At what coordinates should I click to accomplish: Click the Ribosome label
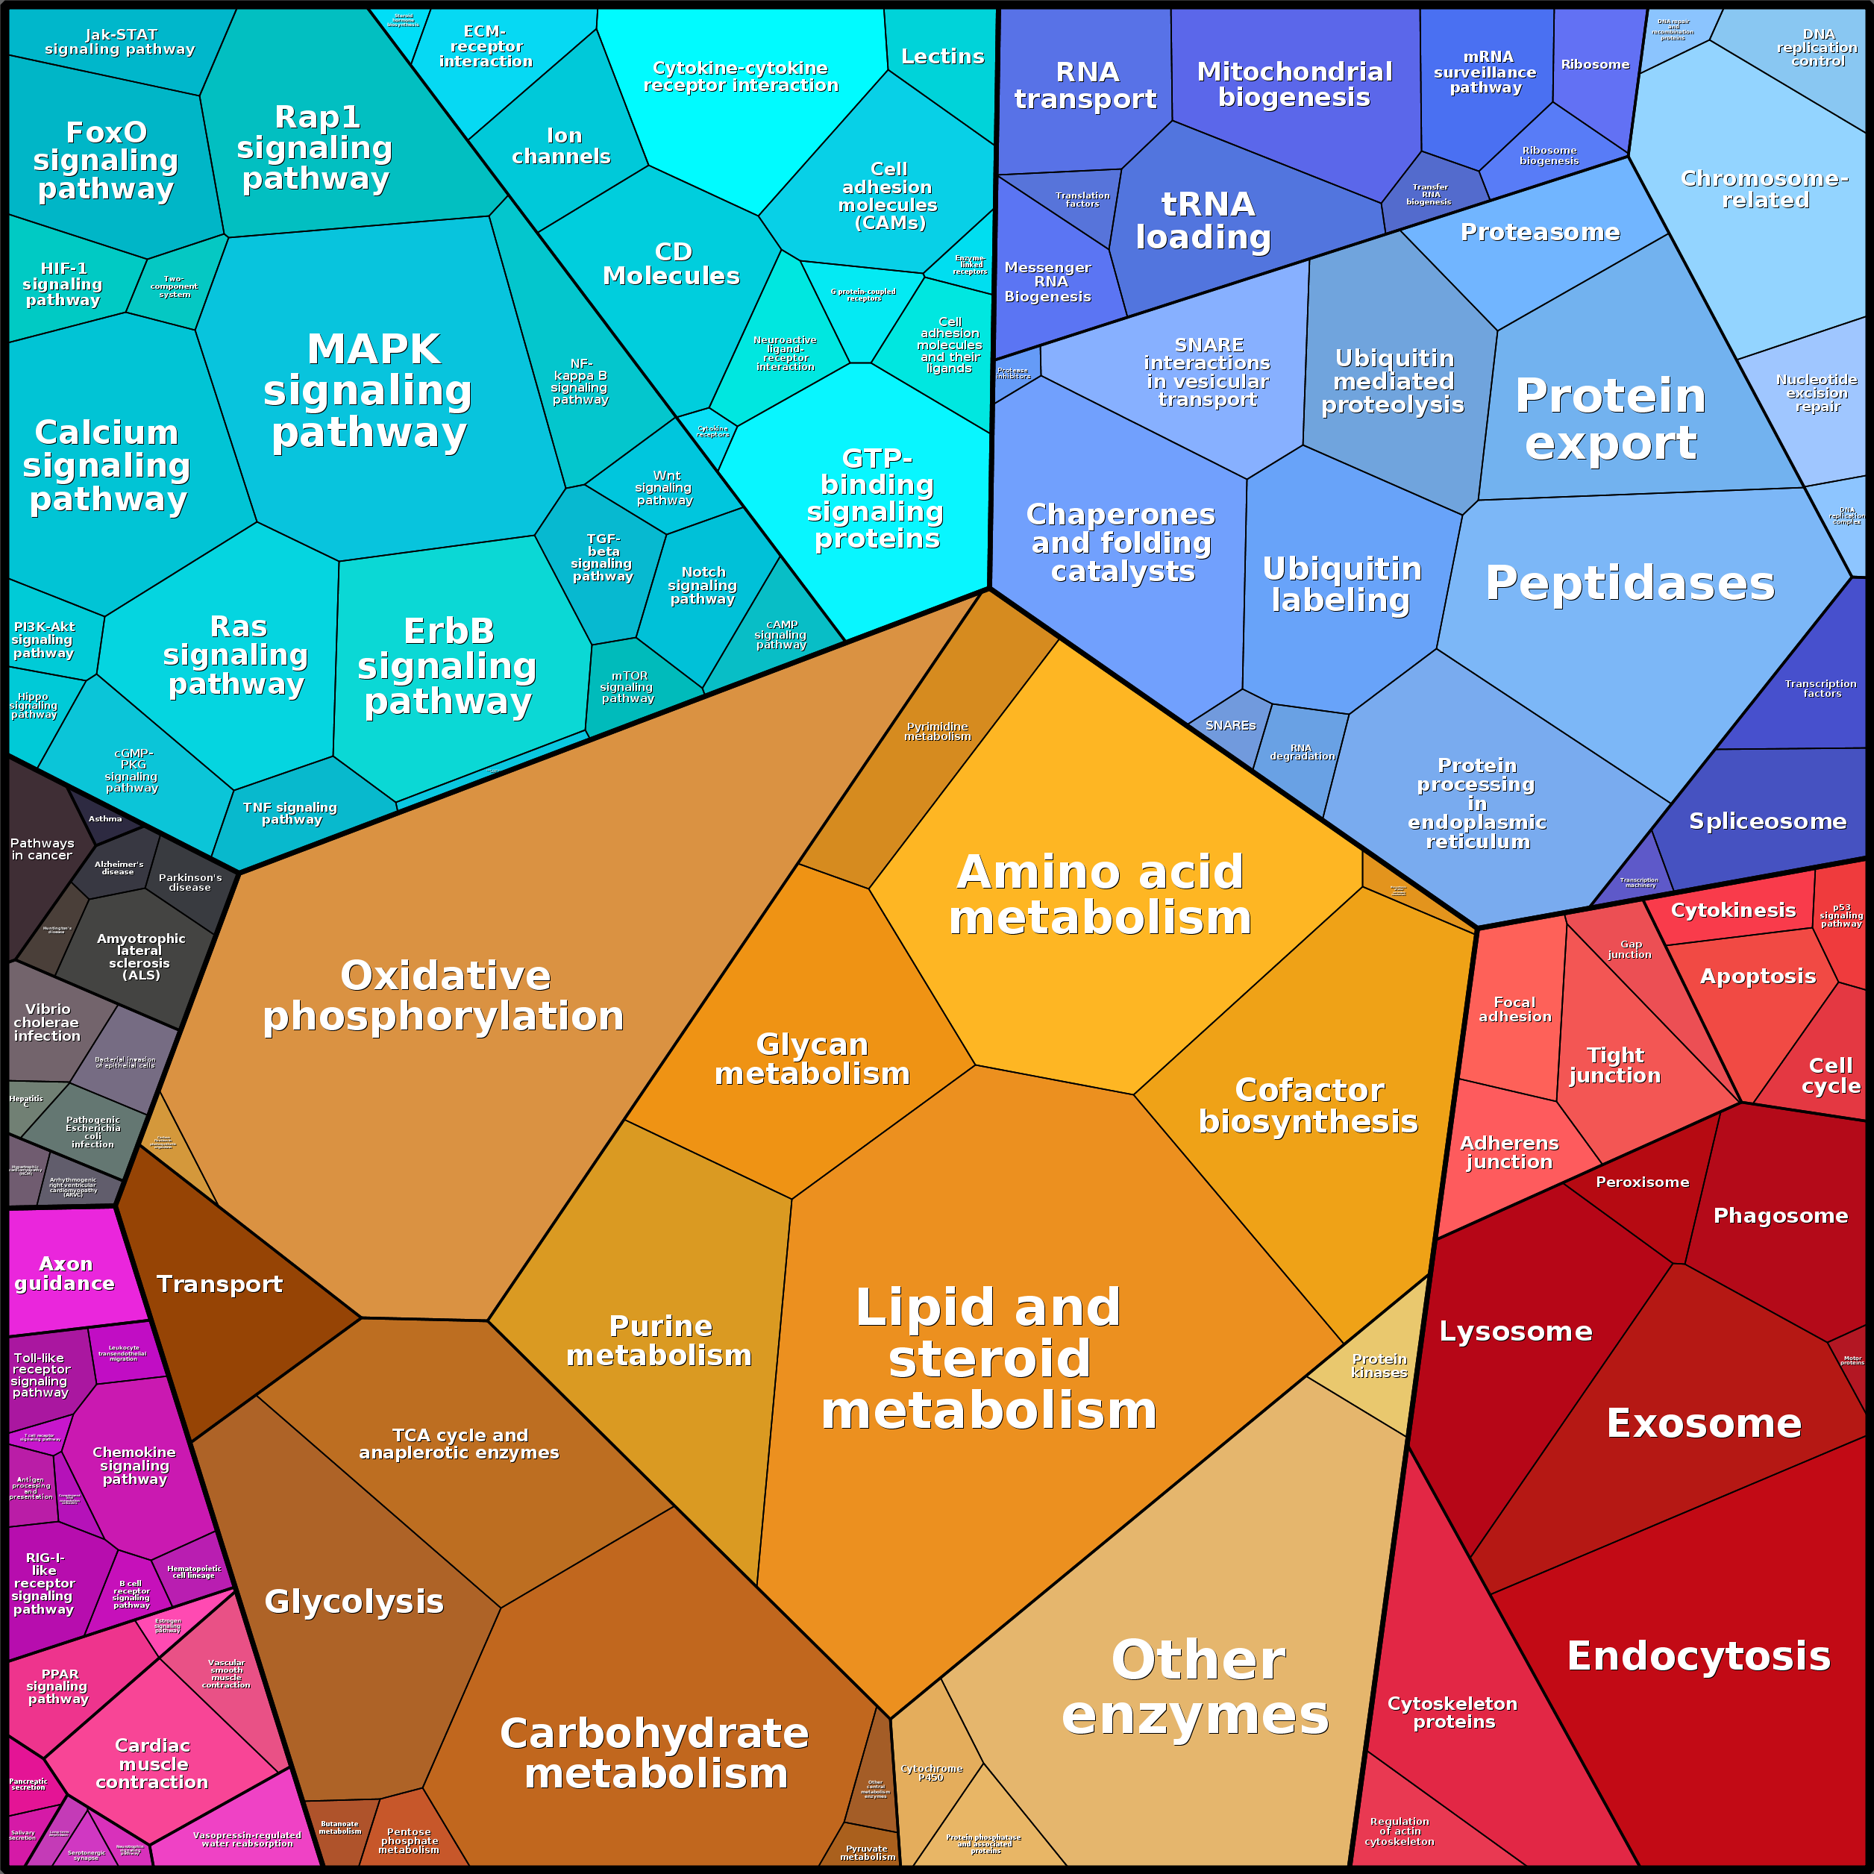[x=1595, y=65]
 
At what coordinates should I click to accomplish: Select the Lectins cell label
[x=942, y=56]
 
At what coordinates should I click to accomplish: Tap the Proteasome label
[x=1539, y=232]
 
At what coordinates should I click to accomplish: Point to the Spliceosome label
[x=1767, y=821]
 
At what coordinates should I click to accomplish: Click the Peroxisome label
[x=1642, y=1182]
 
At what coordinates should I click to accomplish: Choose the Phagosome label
[x=1780, y=1215]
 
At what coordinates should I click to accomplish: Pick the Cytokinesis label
[x=1732, y=910]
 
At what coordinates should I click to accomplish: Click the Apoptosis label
[x=1758, y=976]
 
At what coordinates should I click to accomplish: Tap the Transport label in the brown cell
[x=219, y=1284]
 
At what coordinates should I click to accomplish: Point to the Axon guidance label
[x=65, y=1273]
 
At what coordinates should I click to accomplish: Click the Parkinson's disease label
[x=190, y=882]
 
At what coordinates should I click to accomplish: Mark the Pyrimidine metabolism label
[x=937, y=731]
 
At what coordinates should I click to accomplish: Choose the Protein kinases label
[x=1379, y=1366]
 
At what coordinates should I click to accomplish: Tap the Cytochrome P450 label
[x=931, y=1773]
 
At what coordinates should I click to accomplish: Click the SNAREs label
[x=1230, y=726]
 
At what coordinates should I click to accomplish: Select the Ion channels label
[x=562, y=146]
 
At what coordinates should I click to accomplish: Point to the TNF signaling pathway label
[x=290, y=813]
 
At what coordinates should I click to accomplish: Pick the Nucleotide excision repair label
[x=1817, y=393]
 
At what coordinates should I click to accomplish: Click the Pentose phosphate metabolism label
[x=408, y=1840]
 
